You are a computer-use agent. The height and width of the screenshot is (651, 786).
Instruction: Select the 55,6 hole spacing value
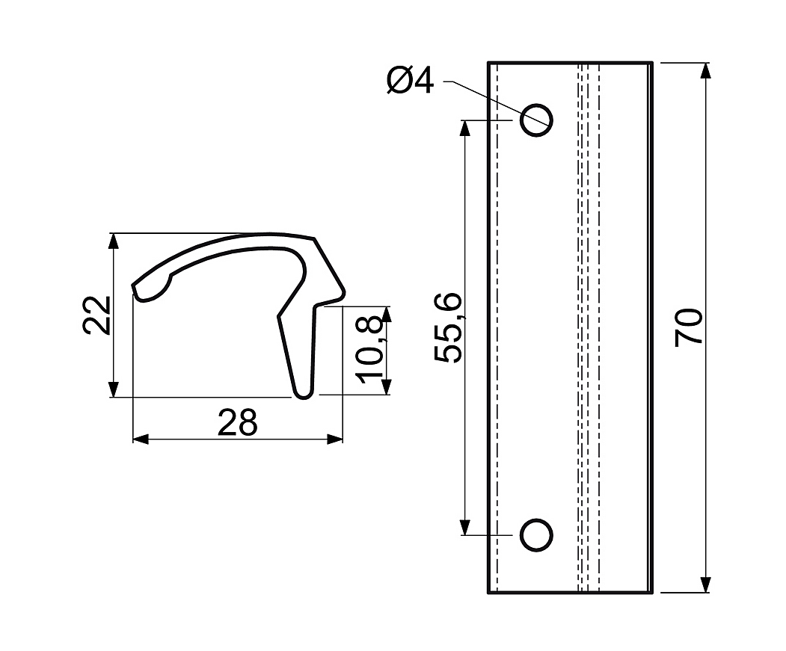pyautogui.click(x=447, y=327)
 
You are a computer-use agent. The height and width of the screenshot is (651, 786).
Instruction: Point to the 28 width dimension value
pyautogui.click(x=238, y=422)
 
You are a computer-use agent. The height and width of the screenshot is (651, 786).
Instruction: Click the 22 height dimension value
pyautogui.click(x=96, y=315)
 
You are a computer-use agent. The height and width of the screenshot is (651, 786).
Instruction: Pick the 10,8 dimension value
pyautogui.click(x=370, y=351)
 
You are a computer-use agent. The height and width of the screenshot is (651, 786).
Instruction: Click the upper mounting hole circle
pyautogui.click(x=536, y=120)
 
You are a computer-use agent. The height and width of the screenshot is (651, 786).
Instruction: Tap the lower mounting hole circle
pyautogui.click(x=536, y=535)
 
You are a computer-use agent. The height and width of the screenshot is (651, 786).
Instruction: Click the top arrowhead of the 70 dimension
pyautogui.click(x=705, y=71)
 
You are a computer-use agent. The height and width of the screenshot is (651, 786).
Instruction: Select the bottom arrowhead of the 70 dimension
pyautogui.click(x=705, y=584)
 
